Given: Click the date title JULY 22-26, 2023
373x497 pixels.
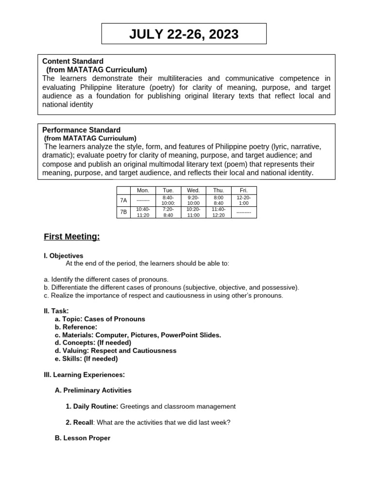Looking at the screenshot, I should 184,34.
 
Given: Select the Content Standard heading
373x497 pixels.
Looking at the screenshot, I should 73,61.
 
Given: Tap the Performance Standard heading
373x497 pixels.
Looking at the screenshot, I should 81,130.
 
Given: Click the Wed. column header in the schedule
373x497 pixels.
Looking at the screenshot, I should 193,191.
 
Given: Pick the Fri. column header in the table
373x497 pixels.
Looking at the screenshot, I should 244,191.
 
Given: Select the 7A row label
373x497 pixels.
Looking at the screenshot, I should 123,200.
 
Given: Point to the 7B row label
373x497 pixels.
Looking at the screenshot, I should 123,212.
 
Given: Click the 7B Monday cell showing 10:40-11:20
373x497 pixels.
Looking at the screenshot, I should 143,212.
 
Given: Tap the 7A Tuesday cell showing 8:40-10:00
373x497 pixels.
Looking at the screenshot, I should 168,200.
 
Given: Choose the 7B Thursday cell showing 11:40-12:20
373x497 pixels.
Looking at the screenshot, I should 219,212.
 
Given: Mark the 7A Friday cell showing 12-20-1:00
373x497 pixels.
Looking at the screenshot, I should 244,200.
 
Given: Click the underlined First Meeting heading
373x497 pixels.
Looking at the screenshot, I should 72,237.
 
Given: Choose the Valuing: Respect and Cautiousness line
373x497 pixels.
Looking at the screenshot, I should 116,350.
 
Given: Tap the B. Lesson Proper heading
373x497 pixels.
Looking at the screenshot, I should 83,438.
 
